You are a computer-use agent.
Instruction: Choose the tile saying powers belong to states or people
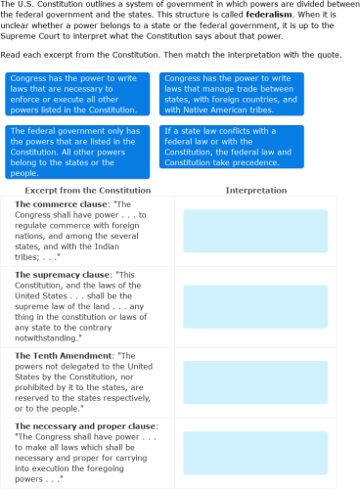(78, 151)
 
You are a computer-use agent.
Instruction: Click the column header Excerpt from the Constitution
(88, 190)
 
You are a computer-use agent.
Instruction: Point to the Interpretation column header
(255, 190)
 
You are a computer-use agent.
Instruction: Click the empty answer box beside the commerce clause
(255, 231)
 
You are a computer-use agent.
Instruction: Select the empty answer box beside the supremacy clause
(255, 306)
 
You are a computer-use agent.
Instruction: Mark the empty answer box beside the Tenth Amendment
(255, 382)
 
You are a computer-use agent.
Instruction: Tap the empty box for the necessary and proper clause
(255, 453)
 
